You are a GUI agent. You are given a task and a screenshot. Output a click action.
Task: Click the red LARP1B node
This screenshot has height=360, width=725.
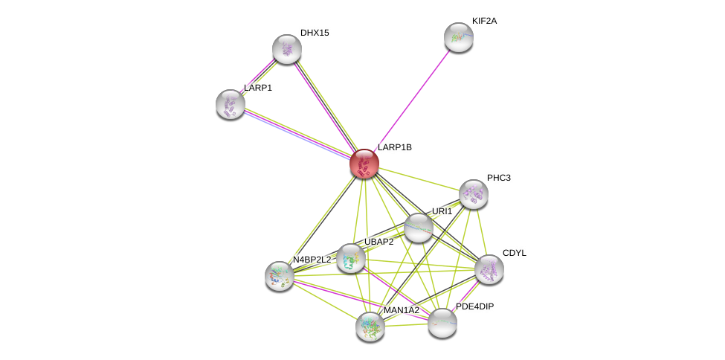pyautogui.click(x=364, y=164)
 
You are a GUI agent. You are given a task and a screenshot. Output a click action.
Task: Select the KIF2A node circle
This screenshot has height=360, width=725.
pyautogui.click(x=459, y=37)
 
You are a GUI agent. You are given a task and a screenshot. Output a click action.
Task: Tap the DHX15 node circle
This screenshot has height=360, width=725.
pyautogui.click(x=287, y=49)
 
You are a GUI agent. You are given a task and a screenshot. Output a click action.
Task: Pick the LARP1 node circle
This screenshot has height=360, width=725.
pyautogui.click(x=231, y=104)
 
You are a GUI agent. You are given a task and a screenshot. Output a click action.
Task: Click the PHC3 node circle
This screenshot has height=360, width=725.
pyautogui.click(x=474, y=194)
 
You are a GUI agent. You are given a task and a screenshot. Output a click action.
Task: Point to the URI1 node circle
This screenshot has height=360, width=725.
pyautogui.click(x=419, y=228)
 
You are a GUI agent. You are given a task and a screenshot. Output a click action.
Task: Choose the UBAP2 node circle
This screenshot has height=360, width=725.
pyautogui.click(x=351, y=258)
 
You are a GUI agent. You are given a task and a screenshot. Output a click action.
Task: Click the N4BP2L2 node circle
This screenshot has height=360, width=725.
pyautogui.click(x=280, y=276)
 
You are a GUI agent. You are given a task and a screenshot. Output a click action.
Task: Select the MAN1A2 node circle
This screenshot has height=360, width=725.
pyautogui.click(x=370, y=326)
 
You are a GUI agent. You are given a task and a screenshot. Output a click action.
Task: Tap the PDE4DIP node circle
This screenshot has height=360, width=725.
pyautogui.click(x=442, y=323)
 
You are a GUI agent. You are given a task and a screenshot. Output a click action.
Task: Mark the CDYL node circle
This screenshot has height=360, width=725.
pyautogui.click(x=489, y=269)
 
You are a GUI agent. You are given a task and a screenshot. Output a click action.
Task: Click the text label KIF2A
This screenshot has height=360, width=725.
pyautogui.click(x=484, y=21)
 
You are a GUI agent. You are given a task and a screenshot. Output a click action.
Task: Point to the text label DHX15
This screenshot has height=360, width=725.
pyautogui.click(x=315, y=33)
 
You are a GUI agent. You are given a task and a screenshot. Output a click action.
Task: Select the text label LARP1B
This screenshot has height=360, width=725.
pyautogui.click(x=394, y=147)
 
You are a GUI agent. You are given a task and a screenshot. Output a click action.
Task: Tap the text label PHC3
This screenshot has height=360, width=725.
pyautogui.click(x=498, y=178)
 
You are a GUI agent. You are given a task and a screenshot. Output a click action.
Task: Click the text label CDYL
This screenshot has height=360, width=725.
pyautogui.click(x=514, y=253)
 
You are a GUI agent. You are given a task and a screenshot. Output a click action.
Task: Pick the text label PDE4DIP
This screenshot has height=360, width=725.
pyautogui.click(x=474, y=306)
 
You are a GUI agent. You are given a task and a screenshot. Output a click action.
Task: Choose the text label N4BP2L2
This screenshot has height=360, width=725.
pyautogui.click(x=312, y=260)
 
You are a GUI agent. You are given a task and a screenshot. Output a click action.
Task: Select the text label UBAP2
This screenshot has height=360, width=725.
pyautogui.click(x=378, y=242)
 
